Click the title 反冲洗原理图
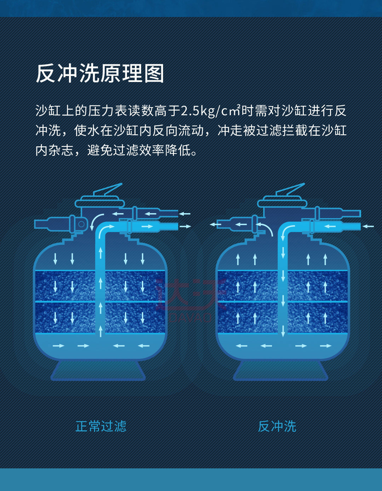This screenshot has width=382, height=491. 100,74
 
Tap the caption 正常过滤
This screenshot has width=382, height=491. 101,426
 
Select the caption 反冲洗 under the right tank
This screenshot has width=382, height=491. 277,426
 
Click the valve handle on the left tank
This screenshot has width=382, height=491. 108,190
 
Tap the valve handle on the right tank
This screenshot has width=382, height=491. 290,190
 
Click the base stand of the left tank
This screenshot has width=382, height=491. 98,370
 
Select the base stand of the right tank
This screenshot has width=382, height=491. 280,370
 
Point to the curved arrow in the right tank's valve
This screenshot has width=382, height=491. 266,228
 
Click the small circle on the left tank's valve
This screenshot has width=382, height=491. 81,224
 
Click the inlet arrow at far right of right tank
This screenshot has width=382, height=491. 368,226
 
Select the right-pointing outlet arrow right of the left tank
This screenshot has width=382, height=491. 185,226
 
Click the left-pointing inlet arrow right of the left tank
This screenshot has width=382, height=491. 184,214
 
